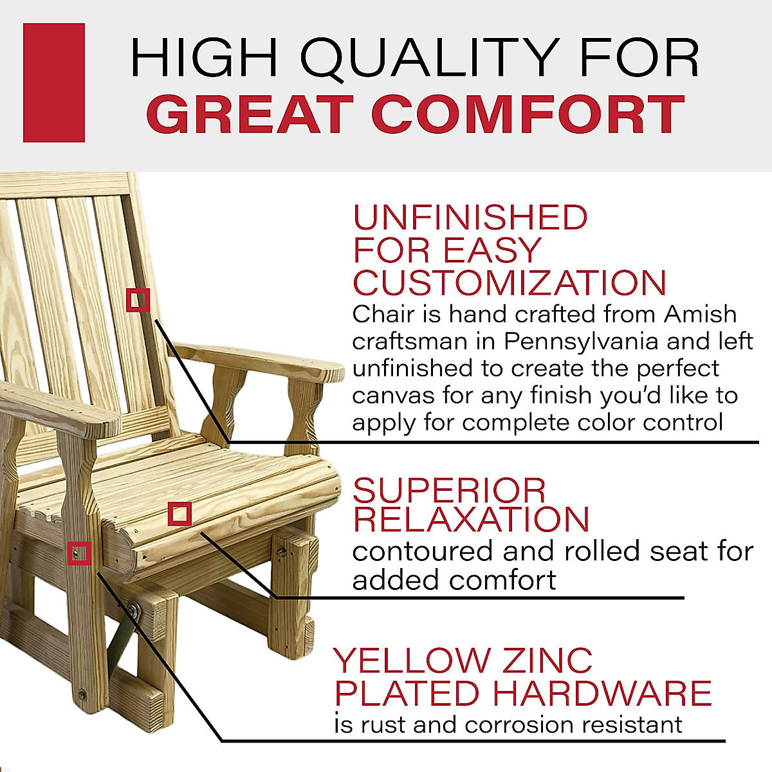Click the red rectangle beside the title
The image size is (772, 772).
point(54,82)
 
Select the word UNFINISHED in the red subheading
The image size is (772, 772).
point(470,218)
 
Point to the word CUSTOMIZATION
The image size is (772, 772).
point(510,283)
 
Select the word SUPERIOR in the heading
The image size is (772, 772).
point(449,492)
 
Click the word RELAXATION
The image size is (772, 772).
point(472,520)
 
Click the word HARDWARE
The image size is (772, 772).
point(602,693)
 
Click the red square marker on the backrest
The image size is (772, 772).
point(138,300)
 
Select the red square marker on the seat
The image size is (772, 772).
point(179,514)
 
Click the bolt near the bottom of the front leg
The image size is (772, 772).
point(82,695)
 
